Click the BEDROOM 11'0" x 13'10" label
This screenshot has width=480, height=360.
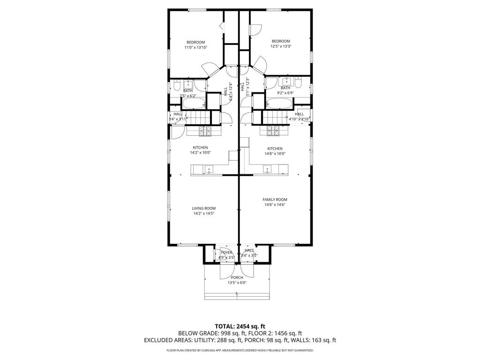coord(195,45)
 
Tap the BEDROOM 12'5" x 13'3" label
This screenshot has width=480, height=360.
coord(281,44)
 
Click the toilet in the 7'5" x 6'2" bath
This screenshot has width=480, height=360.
coord(176,86)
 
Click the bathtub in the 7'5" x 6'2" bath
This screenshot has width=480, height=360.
coord(193,103)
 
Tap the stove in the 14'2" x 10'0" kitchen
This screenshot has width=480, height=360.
coord(205,131)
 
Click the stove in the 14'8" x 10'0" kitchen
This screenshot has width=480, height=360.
coord(273,131)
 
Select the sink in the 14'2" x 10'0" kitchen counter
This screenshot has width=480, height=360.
coord(208,169)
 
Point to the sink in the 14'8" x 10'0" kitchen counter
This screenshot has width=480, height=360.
coord(267,169)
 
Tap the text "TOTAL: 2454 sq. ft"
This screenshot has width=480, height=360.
coord(240,326)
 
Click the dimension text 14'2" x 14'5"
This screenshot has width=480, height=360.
coord(204,214)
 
